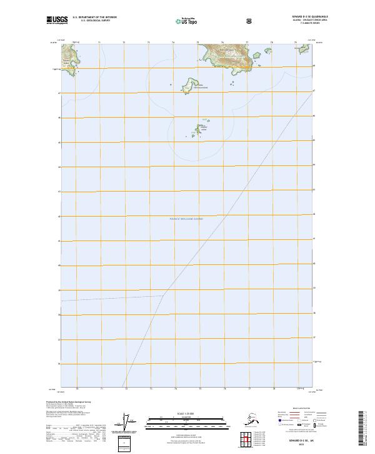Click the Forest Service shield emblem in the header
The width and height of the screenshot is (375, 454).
(249, 21)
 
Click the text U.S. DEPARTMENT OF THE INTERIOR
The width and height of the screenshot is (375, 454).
(94, 17)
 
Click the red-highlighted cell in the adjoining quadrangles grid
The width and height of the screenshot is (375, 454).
(248, 440)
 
